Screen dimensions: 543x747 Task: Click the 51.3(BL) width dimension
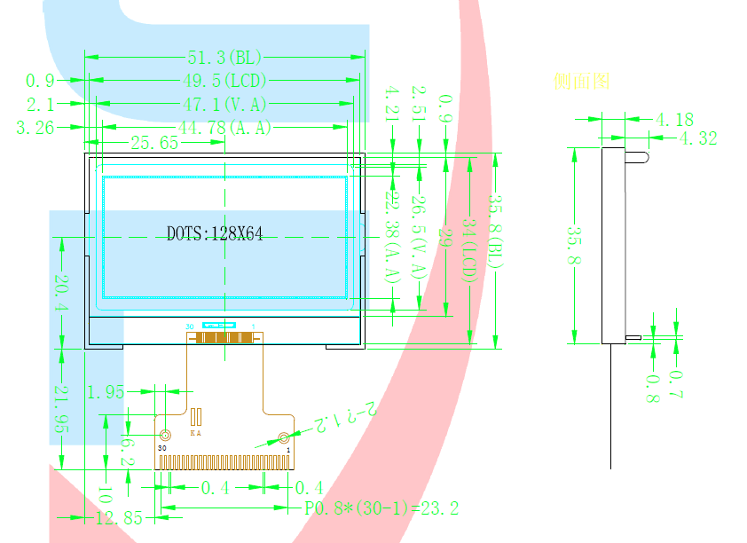[x=224, y=58]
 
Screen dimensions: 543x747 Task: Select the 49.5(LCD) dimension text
[x=224, y=82]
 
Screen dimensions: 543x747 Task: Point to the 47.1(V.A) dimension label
[x=224, y=105]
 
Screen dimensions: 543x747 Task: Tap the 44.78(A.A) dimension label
[x=224, y=128]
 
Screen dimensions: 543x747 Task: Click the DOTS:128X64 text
[x=215, y=233]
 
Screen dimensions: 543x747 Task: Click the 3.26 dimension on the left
[x=35, y=128]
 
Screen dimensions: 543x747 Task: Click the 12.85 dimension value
[x=119, y=518]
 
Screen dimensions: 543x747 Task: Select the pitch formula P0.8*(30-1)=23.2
[x=381, y=508]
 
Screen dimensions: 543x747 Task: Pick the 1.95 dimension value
[x=106, y=391]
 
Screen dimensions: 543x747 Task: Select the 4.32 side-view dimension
[x=697, y=138]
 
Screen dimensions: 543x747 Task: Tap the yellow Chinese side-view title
[x=581, y=82]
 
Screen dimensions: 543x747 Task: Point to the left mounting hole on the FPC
[x=164, y=436]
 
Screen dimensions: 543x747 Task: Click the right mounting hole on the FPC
[x=283, y=437]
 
